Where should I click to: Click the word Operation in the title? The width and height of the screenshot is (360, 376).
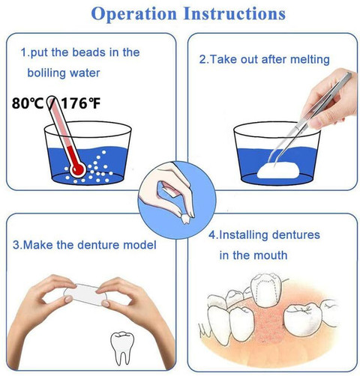click(134, 13)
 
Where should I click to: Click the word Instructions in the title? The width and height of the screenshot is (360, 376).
click(235, 13)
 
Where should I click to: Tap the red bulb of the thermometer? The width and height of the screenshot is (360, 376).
click(78, 170)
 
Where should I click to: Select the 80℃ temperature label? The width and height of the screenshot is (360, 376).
click(28, 103)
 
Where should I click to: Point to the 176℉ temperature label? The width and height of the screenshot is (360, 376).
click(81, 103)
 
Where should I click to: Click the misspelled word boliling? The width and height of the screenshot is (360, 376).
click(46, 73)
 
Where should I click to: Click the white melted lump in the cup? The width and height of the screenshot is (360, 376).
click(278, 171)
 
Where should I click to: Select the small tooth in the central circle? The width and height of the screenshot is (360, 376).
click(185, 219)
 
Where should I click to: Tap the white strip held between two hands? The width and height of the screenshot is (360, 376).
click(85, 294)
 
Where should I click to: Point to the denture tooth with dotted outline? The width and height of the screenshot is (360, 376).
click(265, 290)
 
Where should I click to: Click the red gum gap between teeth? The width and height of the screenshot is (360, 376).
click(268, 322)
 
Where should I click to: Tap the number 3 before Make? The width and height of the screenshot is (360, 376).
click(16, 245)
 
